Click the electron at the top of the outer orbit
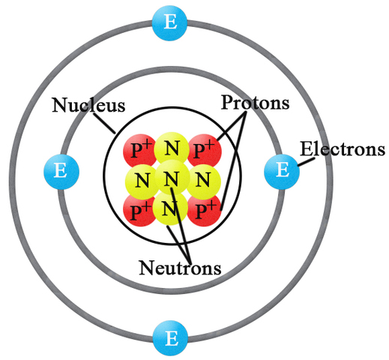click(x=170, y=22)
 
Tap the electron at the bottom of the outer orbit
click(x=170, y=338)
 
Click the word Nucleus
click(x=88, y=104)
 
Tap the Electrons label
click(x=343, y=149)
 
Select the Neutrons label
click(x=180, y=266)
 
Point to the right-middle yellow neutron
click(x=202, y=179)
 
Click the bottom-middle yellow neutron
click(x=172, y=211)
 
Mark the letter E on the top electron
click(x=170, y=22)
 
